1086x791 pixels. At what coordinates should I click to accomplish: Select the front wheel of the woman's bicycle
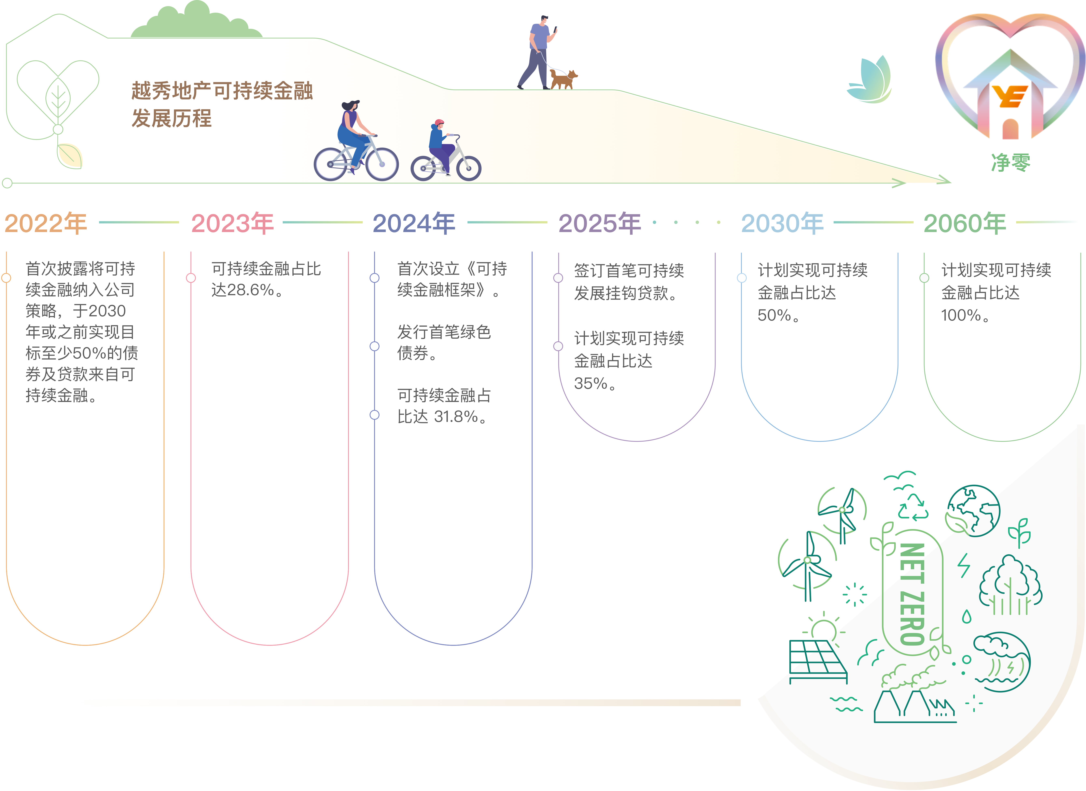click(x=382, y=164)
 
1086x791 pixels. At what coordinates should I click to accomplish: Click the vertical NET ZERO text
click(x=912, y=594)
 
